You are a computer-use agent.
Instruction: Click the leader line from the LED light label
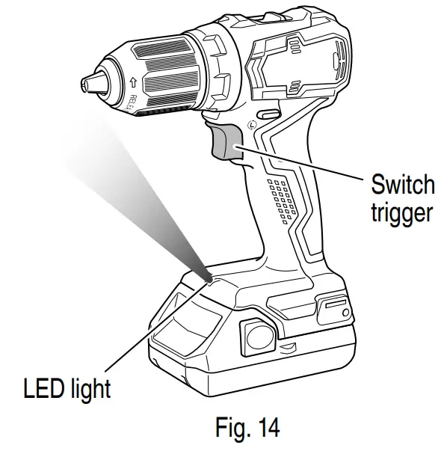coord(149,329)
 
